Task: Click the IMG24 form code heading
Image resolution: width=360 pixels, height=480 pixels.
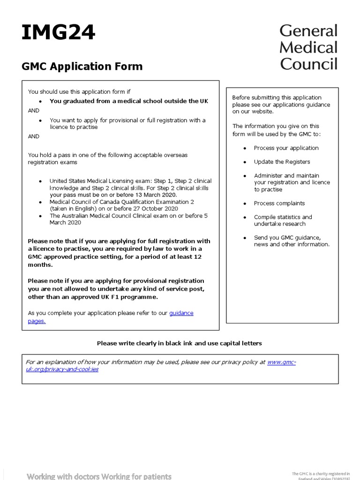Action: point(59,33)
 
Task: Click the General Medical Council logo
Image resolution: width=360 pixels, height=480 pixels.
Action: point(308,47)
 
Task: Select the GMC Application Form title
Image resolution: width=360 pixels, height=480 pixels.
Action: point(82,67)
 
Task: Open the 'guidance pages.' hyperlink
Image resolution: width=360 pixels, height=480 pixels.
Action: point(181,313)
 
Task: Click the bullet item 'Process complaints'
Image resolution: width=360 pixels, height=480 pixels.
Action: point(279,203)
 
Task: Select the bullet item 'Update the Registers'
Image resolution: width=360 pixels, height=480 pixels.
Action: point(282,162)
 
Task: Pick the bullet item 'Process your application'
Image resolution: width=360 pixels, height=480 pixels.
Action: point(286,148)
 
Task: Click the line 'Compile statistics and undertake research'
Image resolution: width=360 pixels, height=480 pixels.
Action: point(283,220)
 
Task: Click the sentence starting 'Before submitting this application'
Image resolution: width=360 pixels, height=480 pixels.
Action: point(277,97)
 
